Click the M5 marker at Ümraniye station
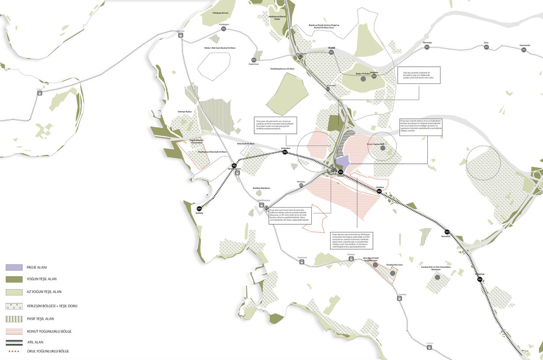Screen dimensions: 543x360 click(427, 47)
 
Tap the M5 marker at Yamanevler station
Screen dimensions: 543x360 click(524, 49)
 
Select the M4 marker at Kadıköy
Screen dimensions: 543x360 click(199, 208)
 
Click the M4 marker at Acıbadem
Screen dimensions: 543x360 click(285, 152)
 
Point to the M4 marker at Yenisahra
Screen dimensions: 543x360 click(447, 232)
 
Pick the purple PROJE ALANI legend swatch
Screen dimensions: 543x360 click(14, 267)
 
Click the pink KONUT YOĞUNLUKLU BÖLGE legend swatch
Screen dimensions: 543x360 click(14, 331)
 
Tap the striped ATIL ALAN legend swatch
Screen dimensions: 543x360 click(14, 342)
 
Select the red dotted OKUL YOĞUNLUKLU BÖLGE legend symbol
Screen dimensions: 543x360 click(14, 352)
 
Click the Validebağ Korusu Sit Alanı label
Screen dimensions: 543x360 click(283, 69)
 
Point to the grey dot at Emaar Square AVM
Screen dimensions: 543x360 click(383, 148)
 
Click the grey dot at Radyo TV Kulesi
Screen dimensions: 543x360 click(363, 79)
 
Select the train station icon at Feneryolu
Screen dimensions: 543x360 click(302, 261)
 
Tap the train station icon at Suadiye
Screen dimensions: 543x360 click(430, 348)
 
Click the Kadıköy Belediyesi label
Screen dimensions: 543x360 click(261, 188)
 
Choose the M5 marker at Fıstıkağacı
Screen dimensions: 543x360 click(224, 29)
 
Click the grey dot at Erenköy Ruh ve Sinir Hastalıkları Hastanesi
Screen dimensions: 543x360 click(437, 277)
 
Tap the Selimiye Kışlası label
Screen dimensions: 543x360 click(185, 112)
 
